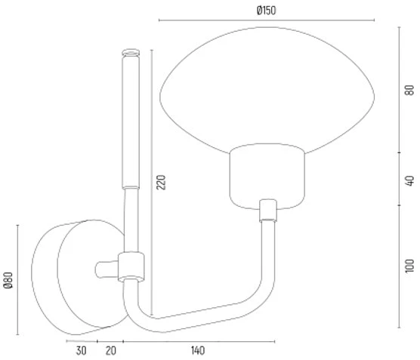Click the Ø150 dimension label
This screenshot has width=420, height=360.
(x=266, y=11)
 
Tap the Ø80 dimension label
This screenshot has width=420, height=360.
(x=8, y=280)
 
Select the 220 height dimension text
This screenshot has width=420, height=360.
(x=161, y=183)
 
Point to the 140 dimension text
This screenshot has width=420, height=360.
(x=198, y=351)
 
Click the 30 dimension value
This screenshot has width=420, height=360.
(x=81, y=351)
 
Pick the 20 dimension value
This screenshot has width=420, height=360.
(x=110, y=351)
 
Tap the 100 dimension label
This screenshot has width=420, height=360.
(x=409, y=266)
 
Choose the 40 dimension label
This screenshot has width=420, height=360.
(x=409, y=180)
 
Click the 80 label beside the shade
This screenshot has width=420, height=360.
(x=409, y=90)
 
